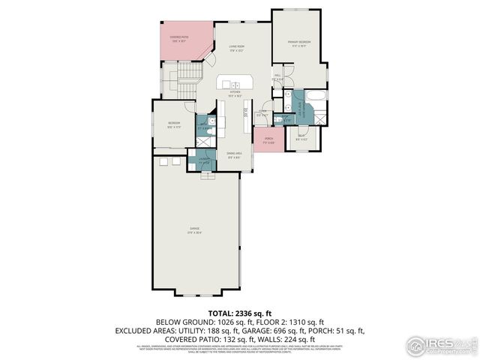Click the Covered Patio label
[x=179, y=39]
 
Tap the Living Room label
[x=237, y=48]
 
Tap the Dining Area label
[x=234, y=155]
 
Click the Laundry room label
[x=203, y=159]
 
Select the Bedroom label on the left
[x=174, y=124]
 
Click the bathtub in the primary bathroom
[x=317, y=95]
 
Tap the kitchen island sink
[x=234, y=84]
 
